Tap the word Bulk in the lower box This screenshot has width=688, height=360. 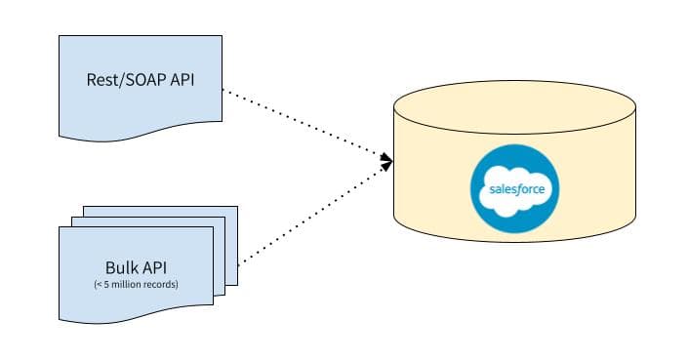click(121, 268)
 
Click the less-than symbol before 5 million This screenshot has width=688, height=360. click(101, 284)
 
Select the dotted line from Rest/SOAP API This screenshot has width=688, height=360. click(303, 122)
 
